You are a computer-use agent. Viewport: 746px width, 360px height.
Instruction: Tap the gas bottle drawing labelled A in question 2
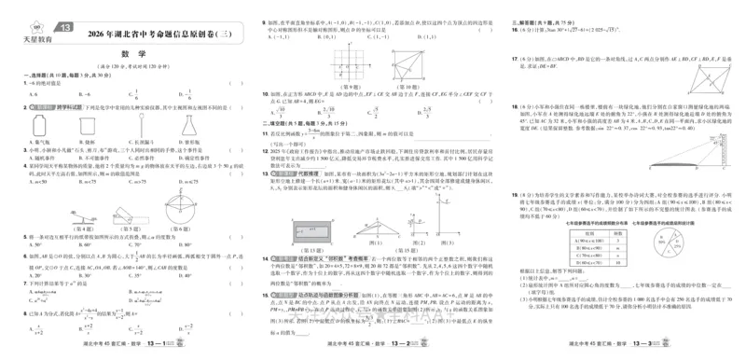pyautogui.click(x=39, y=124)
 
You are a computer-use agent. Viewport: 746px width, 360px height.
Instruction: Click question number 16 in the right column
pyautogui.click(x=515, y=31)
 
